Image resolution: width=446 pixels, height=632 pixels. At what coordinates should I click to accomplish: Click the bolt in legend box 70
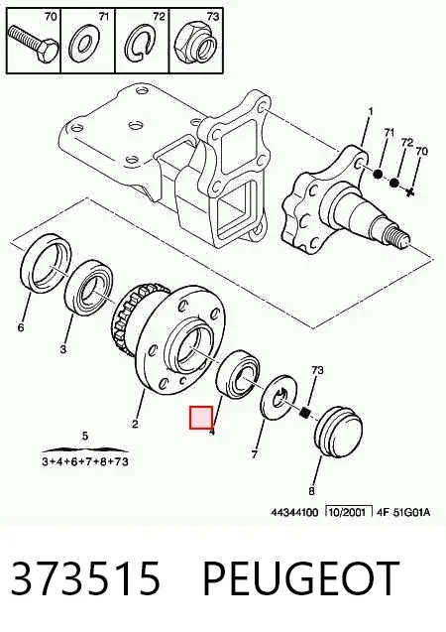click(34, 44)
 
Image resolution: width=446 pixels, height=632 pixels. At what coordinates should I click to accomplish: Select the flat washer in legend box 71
click(83, 45)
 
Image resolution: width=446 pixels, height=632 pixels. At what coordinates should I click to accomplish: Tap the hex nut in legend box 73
click(195, 42)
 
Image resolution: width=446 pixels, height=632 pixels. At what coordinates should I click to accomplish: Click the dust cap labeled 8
click(339, 432)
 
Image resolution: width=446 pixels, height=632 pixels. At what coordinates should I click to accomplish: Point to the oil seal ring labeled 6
click(46, 264)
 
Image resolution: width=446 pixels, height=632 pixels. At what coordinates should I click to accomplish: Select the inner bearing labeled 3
click(90, 289)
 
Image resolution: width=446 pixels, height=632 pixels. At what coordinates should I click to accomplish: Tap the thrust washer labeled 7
click(279, 396)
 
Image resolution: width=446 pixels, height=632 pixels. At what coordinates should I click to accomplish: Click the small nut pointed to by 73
click(306, 413)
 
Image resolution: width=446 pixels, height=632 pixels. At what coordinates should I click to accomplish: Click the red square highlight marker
click(201, 418)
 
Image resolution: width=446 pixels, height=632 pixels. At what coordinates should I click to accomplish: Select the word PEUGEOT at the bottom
click(300, 578)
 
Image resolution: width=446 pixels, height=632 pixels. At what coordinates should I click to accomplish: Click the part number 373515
click(85, 578)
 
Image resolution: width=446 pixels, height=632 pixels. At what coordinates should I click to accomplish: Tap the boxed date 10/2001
click(348, 512)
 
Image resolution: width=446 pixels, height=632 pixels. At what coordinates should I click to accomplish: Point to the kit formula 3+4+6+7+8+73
click(85, 461)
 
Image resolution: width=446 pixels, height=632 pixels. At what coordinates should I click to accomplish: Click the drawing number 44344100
click(294, 512)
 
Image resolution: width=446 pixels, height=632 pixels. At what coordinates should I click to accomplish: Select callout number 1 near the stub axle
click(371, 111)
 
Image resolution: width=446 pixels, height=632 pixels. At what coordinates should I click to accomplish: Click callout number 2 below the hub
click(135, 424)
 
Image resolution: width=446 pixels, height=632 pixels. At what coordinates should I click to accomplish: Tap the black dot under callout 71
click(378, 175)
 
